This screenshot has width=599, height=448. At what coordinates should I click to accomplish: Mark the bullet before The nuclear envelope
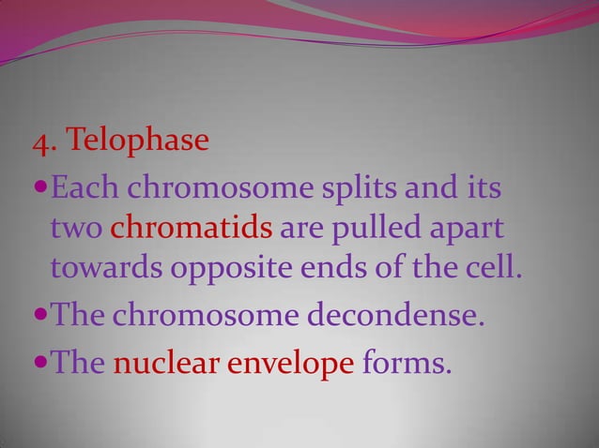coord(37,362)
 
